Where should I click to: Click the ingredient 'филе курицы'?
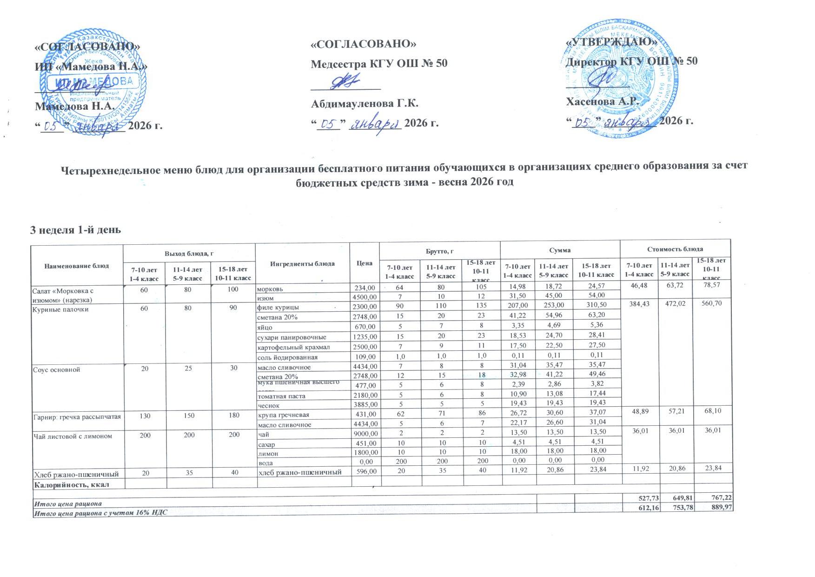tap(278, 308)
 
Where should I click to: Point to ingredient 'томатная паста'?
tap(281, 396)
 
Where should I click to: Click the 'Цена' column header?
tap(364, 263)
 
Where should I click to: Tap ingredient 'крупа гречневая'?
tap(283, 415)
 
